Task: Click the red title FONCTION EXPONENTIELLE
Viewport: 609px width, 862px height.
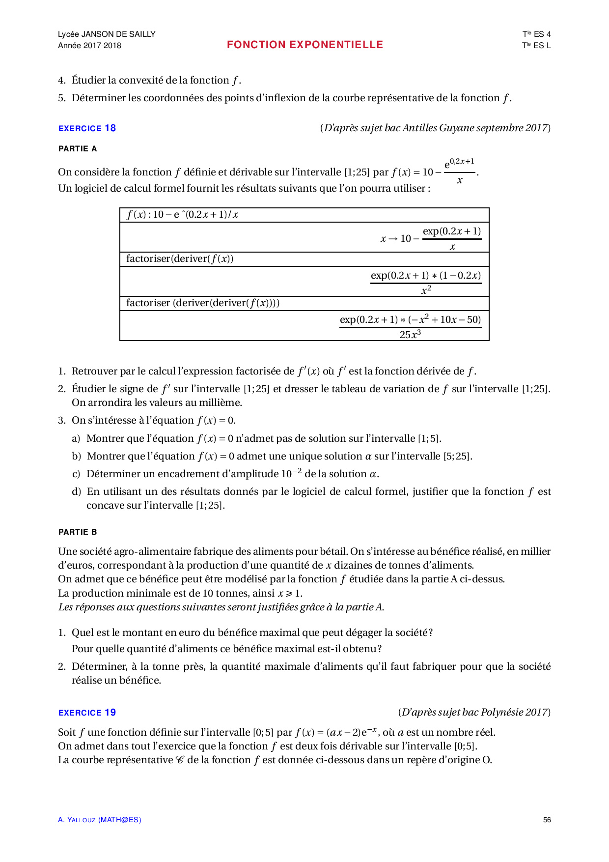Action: [x=304, y=45]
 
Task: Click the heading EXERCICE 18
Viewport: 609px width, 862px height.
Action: [x=87, y=128]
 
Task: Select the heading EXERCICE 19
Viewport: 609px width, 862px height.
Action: [x=87, y=713]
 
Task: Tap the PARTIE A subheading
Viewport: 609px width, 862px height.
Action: [x=78, y=148]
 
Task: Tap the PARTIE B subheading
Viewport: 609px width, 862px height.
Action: [x=78, y=532]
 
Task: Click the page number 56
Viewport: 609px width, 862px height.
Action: [x=547, y=820]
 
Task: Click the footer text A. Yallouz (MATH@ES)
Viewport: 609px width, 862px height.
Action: [x=99, y=820]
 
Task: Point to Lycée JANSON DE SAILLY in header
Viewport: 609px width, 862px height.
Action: [x=107, y=34]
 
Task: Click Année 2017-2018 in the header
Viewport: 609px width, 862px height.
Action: [x=89, y=45]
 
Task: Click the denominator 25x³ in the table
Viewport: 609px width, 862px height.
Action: [x=410, y=335]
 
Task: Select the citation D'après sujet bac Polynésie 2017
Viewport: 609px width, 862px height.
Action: [x=474, y=712]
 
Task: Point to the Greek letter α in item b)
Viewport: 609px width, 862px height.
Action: [x=368, y=456]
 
